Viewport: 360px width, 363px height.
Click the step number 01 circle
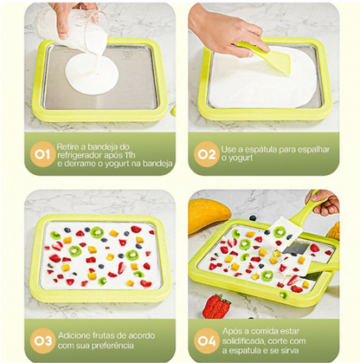pyautogui.click(x=42, y=154)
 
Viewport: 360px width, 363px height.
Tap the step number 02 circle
pyautogui.click(x=207, y=154)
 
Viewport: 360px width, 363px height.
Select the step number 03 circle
pyautogui.click(x=42, y=340)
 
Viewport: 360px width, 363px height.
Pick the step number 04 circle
pyautogui.click(x=207, y=340)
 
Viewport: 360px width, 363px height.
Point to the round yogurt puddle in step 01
pyautogui.click(x=92, y=74)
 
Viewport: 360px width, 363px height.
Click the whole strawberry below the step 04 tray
pyautogui.click(x=216, y=306)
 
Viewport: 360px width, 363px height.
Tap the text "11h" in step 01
pyautogui.click(x=130, y=155)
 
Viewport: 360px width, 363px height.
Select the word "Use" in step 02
pyautogui.click(x=228, y=150)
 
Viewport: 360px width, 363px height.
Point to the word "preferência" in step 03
pyautogui.click(x=112, y=346)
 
